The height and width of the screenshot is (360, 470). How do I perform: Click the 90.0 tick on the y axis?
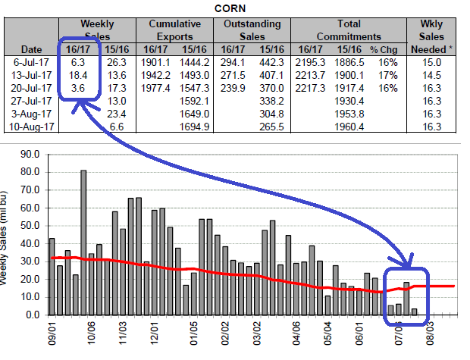tap(27, 155)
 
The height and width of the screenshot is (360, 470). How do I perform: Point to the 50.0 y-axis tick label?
tap(27, 226)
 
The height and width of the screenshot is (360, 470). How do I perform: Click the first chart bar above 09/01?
tap(52, 277)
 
